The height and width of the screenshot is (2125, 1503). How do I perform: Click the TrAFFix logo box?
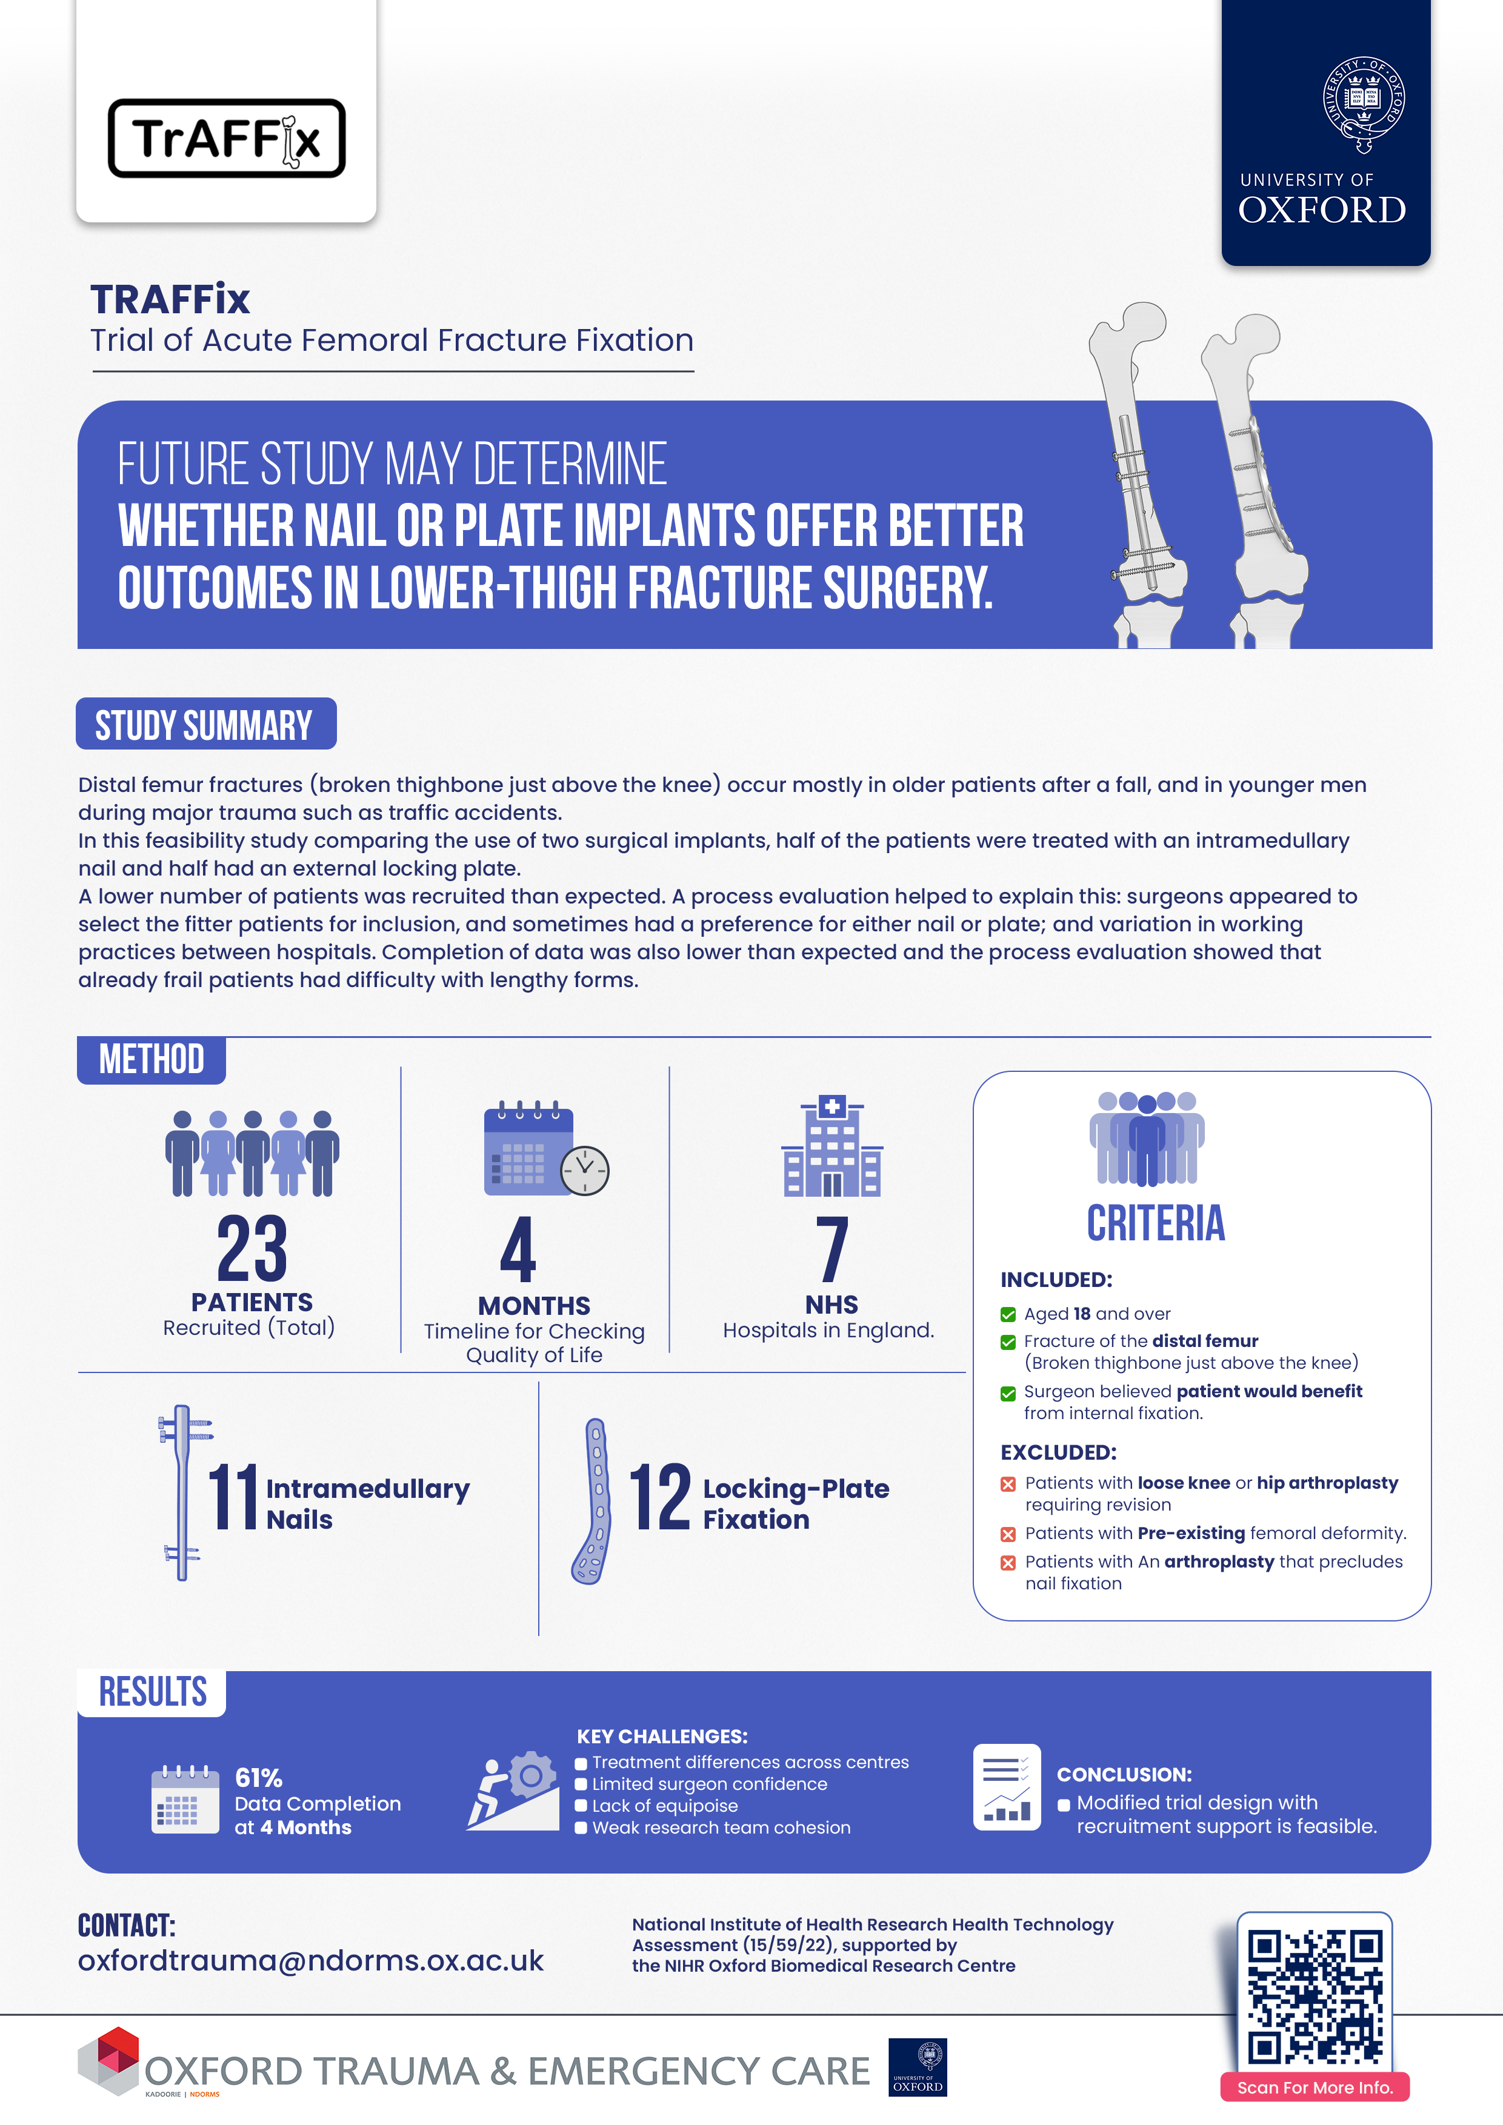227,138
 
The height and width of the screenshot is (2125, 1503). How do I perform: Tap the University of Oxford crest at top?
1363,104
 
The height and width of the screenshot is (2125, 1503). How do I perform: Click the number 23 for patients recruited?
252,1249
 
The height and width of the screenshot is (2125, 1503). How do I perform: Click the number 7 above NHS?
832,1249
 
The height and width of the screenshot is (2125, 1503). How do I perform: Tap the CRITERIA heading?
1155,1223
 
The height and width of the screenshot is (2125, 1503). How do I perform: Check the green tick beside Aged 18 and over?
1008,1314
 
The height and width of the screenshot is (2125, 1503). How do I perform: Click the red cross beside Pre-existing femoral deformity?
1008,1534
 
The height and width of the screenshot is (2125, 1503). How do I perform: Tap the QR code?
1314,1997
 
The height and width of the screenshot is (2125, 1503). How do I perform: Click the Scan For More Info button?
1314,2087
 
